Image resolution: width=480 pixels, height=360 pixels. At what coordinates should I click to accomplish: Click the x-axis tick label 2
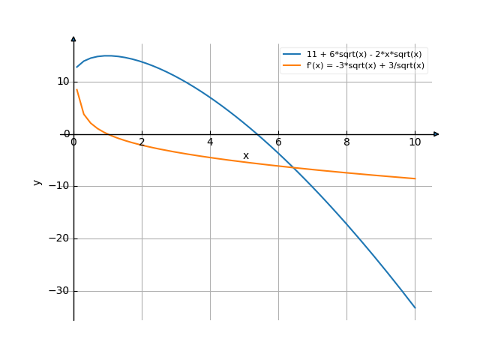[142, 142]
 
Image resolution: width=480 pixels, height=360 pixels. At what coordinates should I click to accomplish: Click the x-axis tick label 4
[210, 142]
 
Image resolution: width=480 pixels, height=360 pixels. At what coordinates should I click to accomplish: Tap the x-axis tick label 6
[278, 142]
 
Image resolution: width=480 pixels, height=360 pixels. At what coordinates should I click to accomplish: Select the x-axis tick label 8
[346, 142]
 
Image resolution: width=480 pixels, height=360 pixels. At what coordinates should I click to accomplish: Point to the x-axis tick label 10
[415, 142]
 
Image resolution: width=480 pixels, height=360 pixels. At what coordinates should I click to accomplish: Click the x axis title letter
[245, 156]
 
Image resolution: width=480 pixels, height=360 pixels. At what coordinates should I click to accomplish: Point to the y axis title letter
[36, 181]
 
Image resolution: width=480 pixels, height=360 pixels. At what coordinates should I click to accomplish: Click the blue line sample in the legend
[292, 55]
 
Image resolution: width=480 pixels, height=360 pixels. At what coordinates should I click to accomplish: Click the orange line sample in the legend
[292, 65]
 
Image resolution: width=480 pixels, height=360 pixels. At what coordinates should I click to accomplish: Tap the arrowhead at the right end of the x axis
[436, 134]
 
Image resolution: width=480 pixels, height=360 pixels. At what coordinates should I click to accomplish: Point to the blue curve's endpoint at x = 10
[415, 307]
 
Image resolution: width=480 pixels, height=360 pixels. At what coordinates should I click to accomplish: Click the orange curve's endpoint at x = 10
[415, 178]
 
